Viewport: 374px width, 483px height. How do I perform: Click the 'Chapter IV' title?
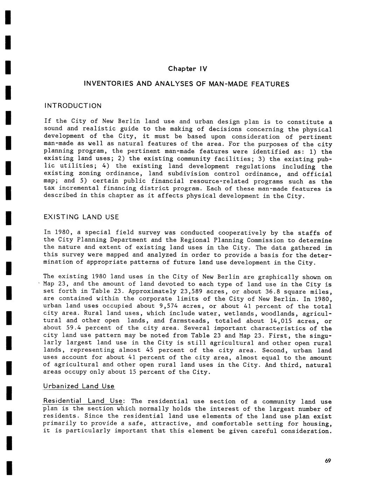[188, 69]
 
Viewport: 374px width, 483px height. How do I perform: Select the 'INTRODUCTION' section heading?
[73, 106]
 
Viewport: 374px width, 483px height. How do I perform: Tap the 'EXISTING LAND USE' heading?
[81, 217]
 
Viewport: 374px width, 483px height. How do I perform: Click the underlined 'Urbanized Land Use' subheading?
[79, 386]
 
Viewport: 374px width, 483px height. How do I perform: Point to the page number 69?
[327, 461]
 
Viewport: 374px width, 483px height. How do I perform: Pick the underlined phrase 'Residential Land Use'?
[83, 401]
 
